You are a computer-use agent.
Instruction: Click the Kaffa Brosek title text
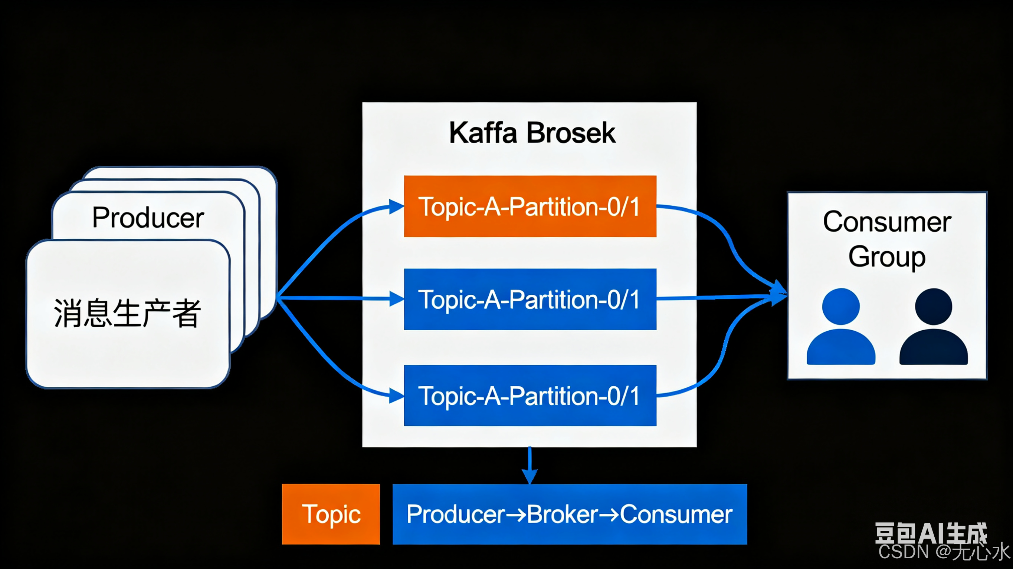[532, 133]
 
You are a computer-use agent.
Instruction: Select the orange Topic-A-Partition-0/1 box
[530, 206]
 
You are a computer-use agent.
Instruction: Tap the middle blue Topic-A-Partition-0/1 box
[530, 299]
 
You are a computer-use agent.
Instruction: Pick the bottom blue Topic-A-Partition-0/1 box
[530, 395]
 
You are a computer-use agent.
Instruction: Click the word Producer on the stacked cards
[148, 218]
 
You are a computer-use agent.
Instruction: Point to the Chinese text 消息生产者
[127, 313]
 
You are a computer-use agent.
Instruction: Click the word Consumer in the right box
[887, 222]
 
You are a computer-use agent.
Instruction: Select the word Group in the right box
[887, 257]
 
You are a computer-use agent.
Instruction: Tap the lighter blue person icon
[841, 327]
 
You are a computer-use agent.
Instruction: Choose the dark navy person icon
[934, 327]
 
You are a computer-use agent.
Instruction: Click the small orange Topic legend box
[331, 514]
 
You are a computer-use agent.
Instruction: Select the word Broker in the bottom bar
[562, 514]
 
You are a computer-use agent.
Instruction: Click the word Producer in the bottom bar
[456, 514]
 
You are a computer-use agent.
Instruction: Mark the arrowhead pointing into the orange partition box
[396, 206]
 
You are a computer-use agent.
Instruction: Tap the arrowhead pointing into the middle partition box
[396, 299]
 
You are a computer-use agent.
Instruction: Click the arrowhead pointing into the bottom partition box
[396, 395]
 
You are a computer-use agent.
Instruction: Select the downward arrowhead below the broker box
[530, 477]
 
